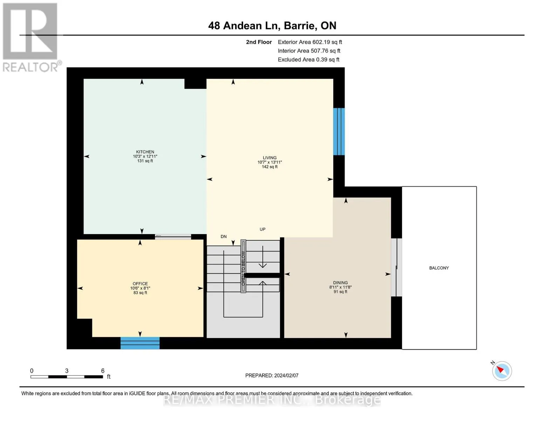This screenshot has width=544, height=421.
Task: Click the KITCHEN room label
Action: pos(145,152)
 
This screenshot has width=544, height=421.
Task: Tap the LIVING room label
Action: pos(270,158)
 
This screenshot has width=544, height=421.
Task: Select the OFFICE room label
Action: pos(140,283)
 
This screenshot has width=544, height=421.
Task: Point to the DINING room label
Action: pos(340,282)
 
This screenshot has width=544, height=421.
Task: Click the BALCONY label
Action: pos(439,268)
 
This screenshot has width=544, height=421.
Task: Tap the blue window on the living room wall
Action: pos(339,132)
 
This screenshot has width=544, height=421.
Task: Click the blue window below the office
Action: pos(140,343)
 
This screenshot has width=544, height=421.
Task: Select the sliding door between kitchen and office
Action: pos(173,237)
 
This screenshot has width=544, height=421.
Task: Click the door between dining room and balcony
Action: pos(397,267)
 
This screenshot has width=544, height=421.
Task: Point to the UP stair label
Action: pos(262,229)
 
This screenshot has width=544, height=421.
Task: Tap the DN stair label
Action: pos(223,236)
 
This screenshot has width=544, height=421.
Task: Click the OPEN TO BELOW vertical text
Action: pos(243,268)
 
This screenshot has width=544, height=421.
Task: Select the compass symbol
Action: pos(502,371)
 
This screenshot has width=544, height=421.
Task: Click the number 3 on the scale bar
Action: pos(67,371)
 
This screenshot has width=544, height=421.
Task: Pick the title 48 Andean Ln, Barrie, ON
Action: pos(272,26)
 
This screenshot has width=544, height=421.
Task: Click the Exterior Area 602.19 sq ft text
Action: pos(310,42)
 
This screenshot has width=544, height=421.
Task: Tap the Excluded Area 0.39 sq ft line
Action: pos(308,60)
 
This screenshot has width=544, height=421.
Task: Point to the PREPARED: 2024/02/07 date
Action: pos(272,375)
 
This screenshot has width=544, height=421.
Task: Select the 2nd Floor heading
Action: pos(259,42)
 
